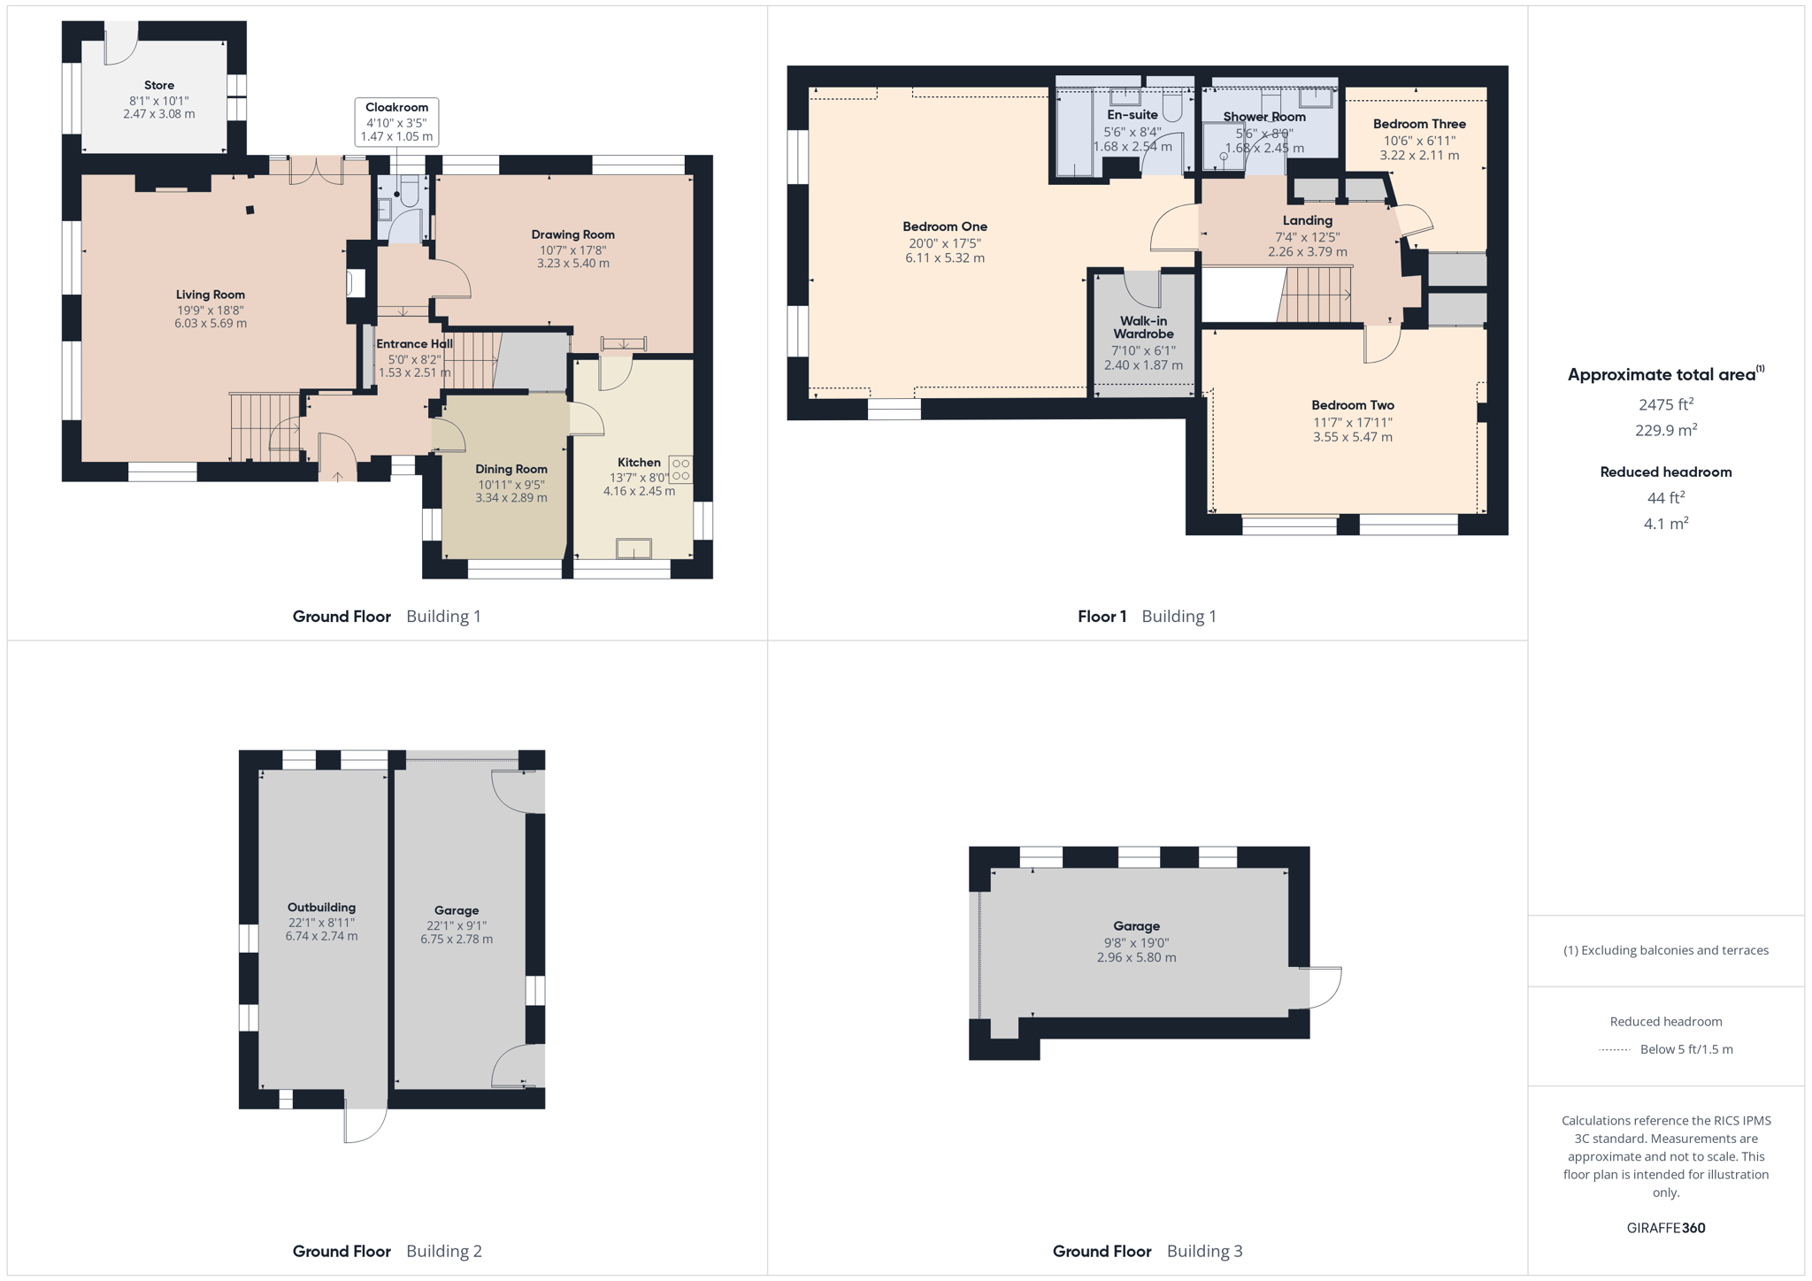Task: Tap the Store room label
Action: (x=159, y=86)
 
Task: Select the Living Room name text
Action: (x=211, y=295)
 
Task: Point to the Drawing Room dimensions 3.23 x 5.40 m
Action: (x=573, y=264)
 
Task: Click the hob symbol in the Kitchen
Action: (x=680, y=469)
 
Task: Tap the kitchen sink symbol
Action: (x=633, y=548)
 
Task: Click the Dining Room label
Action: (x=511, y=469)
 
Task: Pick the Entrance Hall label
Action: (x=414, y=344)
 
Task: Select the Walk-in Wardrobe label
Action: (x=1143, y=327)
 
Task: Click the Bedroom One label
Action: (x=945, y=226)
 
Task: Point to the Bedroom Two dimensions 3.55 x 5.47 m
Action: (x=1353, y=437)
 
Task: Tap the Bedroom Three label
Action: (x=1419, y=124)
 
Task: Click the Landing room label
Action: (x=1308, y=221)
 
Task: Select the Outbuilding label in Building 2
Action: (x=321, y=908)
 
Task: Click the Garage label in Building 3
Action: (x=1137, y=926)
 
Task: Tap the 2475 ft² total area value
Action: (x=1666, y=404)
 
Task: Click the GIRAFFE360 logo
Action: (x=1666, y=1228)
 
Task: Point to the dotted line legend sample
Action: (x=1615, y=1050)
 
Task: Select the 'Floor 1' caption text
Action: (x=1102, y=617)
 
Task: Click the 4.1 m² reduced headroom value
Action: (x=1666, y=524)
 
